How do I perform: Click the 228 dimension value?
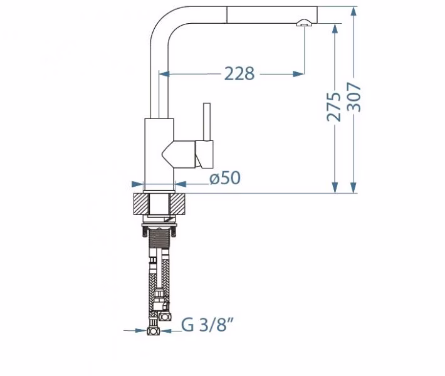tap(239, 74)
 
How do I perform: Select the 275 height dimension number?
tap(333, 107)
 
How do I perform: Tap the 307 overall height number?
tap(355, 97)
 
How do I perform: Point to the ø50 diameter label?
tap(225, 178)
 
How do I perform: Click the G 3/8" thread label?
tap(207, 325)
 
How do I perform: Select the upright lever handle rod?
tap(207, 122)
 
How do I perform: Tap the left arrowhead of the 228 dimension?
tap(164, 74)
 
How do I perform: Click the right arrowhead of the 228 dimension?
tap(298, 74)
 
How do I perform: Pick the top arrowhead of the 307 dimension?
tap(353, 12)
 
